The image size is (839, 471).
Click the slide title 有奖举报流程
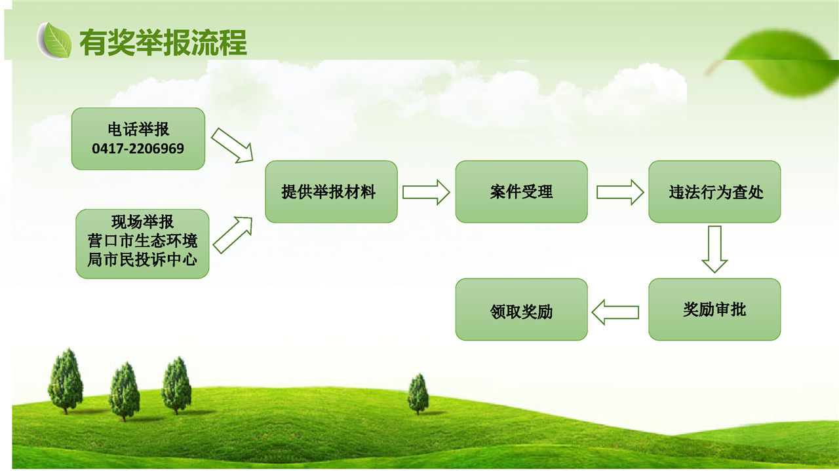pos(163,43)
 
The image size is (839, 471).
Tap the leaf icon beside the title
pos(54,41)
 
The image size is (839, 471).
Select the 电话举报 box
pos(138,139)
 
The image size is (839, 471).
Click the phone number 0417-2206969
pos(138,149)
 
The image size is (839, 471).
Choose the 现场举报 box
pos(142,244)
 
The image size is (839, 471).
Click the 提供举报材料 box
pos(331,192)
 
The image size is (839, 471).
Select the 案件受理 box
pos(521,192)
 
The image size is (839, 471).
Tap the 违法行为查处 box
pos(714,192)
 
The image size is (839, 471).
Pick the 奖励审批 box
pos(714,309)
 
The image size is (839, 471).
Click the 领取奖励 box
pos(521,309)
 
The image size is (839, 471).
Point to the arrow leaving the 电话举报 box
pos(233,145)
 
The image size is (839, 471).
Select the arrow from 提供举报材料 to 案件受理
pos(426,193)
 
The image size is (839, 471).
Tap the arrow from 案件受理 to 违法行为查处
pos(620,193)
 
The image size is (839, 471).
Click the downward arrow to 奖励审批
pos(714,250)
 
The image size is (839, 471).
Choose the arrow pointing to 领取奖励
pos(615,312)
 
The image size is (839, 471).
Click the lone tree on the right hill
pos(418,394)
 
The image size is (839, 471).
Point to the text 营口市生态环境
pos(142,240)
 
